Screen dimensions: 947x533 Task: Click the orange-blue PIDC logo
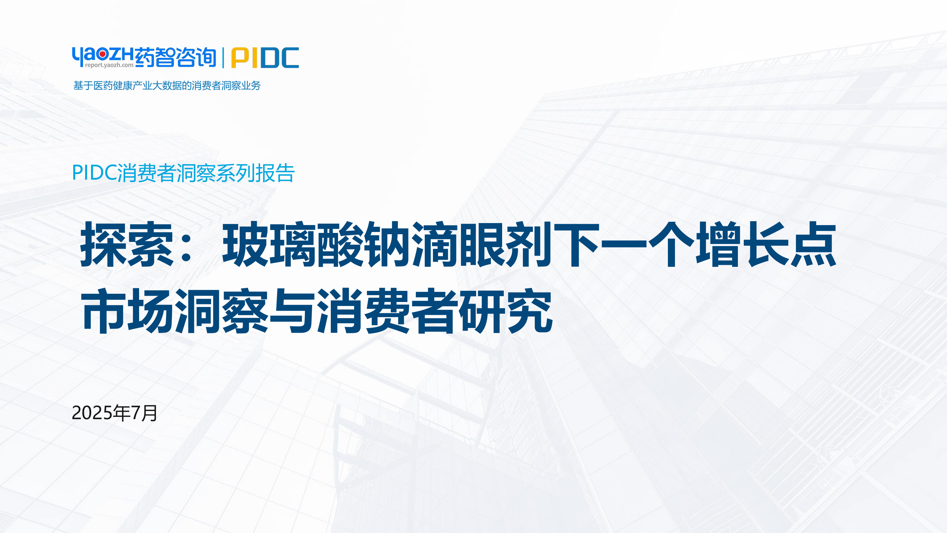[265, 58]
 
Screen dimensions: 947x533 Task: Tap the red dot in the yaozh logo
[103, 54]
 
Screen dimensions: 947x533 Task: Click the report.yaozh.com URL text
[109, 65]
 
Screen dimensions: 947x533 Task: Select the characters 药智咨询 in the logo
[176, 57]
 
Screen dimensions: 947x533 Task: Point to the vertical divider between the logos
[224, 58]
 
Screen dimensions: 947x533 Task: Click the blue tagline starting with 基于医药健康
[167, 86]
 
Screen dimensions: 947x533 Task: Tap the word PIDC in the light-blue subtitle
[94, 172]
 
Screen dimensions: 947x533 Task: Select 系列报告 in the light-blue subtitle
[255, 173]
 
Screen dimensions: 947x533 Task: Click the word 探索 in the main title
[127, 244]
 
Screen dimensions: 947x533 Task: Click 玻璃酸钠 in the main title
[317, 244]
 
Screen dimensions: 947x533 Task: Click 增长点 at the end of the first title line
[766, 244]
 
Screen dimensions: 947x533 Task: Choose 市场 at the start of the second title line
[127, 311]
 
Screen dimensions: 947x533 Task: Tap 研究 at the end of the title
[506, 311]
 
